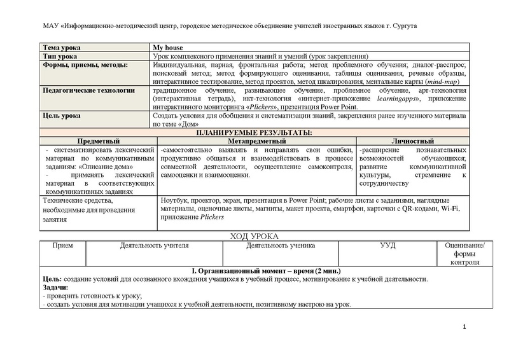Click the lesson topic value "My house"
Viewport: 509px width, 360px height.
pyautogui.click(x=169, y=48)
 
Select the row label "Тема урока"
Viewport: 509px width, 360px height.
pyautogui.click(x=62, y=48)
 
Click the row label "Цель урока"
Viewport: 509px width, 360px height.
pyautogui.click(x=62, y=116)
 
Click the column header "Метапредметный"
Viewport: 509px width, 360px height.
pyautogui.click(x=256, y=141)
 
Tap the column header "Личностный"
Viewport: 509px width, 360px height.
pyautogui.click(x=412, y=141)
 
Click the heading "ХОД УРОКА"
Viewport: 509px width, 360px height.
pyautogui.click(x=254, y=237)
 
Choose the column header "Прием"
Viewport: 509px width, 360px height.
pyautogui.click(x=62, y=246)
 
